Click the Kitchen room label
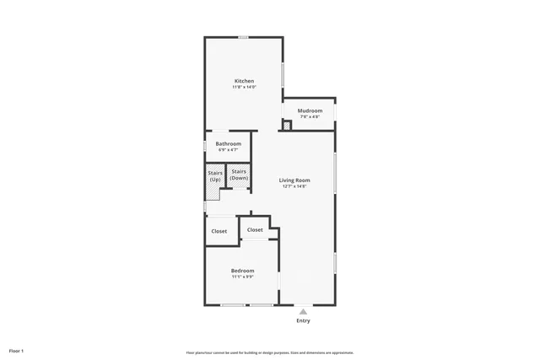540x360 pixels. pyautogui.click(x=244, y=81)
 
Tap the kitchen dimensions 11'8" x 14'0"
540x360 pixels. pyautogui.click(x=244, y=87)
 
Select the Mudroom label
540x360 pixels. pyautogui.click(x=310, y=110)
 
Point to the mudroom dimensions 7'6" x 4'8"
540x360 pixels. pyautogui.click(x=310, y=116)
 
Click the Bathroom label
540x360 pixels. pyautogui.click(x=228, y=143)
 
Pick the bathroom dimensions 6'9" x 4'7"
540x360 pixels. pyautogui.click(x=228, y=149)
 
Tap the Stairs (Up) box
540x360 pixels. pyautogui.click(x=215, y=177)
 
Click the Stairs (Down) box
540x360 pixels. pyautogui.click(x=239, y=175)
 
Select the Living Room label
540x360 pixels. pyautogui.click(x=294, y=180)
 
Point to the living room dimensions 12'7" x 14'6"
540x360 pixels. pyautogui.click(x=294, y=185)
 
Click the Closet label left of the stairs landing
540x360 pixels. pyautogui.click(x=219, y=231)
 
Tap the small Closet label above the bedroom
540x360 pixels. pyautogui.click(x=255, y=229)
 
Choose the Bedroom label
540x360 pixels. pyautogui.click(x=243, y=270)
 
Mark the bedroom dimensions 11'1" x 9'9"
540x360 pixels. pyautogui.click(x=243, y=276)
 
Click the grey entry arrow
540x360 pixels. pyautogui.click(x=303, y=311)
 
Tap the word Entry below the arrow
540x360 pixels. pyautogui.click(x=303, y=320)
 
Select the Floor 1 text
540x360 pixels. pyautogui.click(x=16, y=351)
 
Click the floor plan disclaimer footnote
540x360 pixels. pyautogui.click(x=270, y=352)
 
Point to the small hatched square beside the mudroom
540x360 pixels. pyautogui.click(x=287, y=126)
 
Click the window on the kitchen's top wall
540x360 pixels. pyautogui.click(x=243, y=36)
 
